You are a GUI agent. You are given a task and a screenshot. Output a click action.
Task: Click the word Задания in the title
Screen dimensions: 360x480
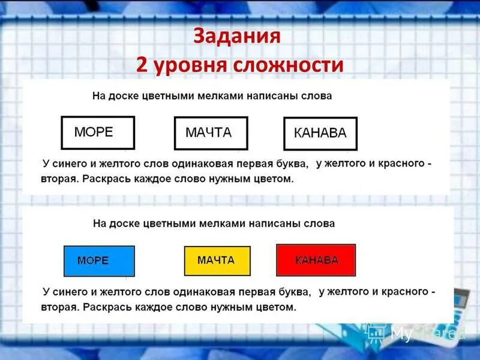(x=237, y=37)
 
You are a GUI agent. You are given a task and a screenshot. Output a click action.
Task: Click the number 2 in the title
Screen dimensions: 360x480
(x=142, y=65)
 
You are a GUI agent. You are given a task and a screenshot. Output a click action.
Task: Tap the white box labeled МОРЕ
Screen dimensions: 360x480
(x=98, y=133)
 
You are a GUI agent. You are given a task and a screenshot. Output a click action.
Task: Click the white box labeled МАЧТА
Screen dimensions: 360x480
(x=211, y=133)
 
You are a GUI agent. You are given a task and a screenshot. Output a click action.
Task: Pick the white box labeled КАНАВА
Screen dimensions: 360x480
(x=320, y=134)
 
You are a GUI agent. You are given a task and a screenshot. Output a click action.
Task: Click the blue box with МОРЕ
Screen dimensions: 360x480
(x=99, y=261)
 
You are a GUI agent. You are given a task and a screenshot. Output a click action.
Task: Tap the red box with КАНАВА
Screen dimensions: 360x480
(x=316, y=260)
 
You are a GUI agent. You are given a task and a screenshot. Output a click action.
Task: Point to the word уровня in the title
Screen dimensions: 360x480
(x=195, y=65)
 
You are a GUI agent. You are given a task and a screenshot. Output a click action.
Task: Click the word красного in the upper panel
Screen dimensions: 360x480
(x=403, y=163)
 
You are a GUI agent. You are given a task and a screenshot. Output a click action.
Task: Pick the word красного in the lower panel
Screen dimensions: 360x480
(x=406, y=292)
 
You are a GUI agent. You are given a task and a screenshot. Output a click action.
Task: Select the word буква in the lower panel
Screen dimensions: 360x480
(x=294, y=292)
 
